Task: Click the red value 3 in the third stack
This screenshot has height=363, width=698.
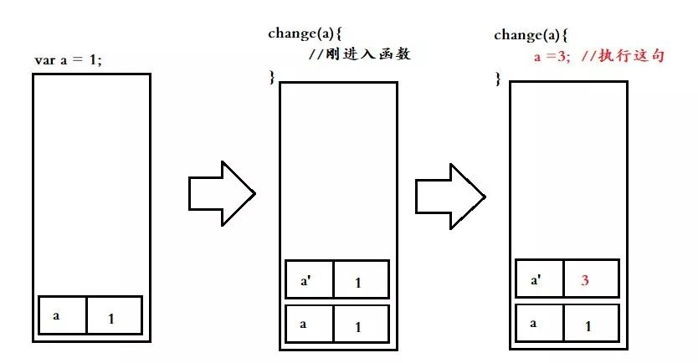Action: [x=585, y=281]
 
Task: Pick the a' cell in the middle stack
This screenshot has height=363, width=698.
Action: [x=309, y=279]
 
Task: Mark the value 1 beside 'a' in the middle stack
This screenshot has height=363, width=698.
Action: [x=361, y=325]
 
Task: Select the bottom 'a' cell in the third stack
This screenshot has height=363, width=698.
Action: [x=538, y=323]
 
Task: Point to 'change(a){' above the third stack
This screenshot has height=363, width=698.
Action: [x=531, y=36]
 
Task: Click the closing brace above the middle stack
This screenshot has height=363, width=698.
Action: [x=271, y=77]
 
